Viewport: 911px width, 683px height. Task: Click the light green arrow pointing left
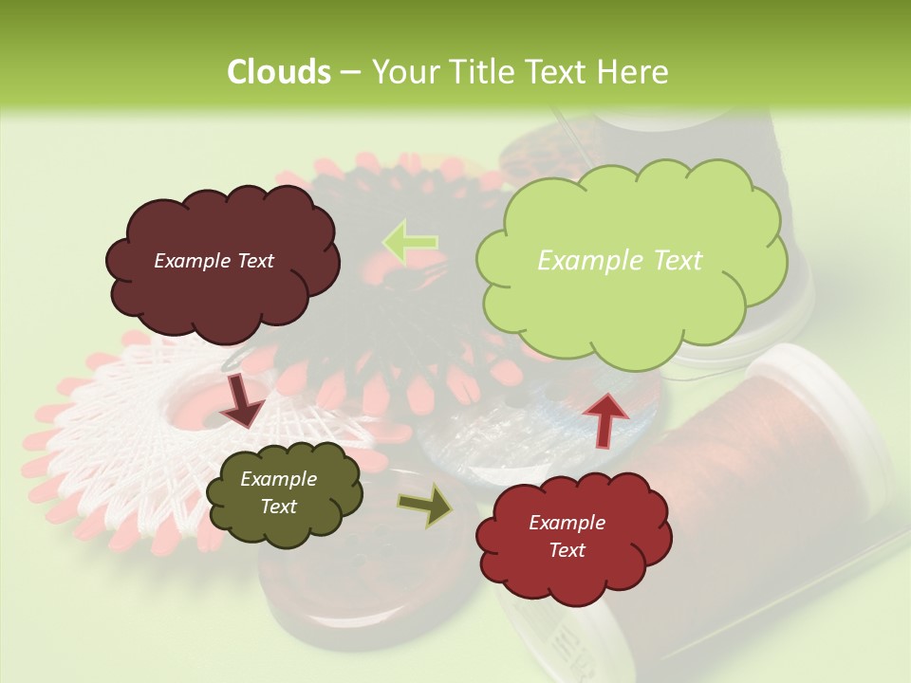(410, 242)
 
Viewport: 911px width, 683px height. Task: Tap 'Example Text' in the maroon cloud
(214, 261)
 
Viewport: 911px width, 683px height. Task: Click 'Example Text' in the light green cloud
(620, 261)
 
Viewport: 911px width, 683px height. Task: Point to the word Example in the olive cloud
(278, 479)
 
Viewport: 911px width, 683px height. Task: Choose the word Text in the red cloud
(567, 550)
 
